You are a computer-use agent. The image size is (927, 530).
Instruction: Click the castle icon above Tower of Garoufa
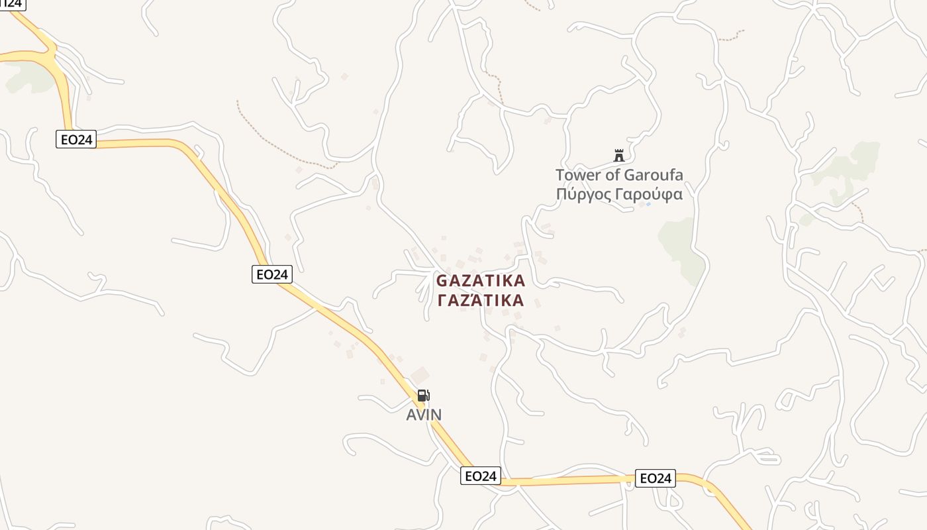tap(619, 156)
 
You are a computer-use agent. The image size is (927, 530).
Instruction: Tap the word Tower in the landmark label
tap(577, 176)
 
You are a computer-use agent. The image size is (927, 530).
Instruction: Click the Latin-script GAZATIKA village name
tap(481, 281)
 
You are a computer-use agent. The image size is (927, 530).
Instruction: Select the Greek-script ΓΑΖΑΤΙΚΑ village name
tap(481, 301)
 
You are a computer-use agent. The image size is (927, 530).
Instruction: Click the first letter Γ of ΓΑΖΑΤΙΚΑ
tap(443, 301)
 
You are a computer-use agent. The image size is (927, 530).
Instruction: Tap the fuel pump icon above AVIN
tap(423, 396)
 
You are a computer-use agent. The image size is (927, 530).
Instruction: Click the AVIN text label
tap(424, 415)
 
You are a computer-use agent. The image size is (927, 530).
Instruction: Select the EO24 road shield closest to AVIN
tap(480, 476)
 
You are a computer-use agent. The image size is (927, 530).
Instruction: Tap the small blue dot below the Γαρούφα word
tap(648, 204)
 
